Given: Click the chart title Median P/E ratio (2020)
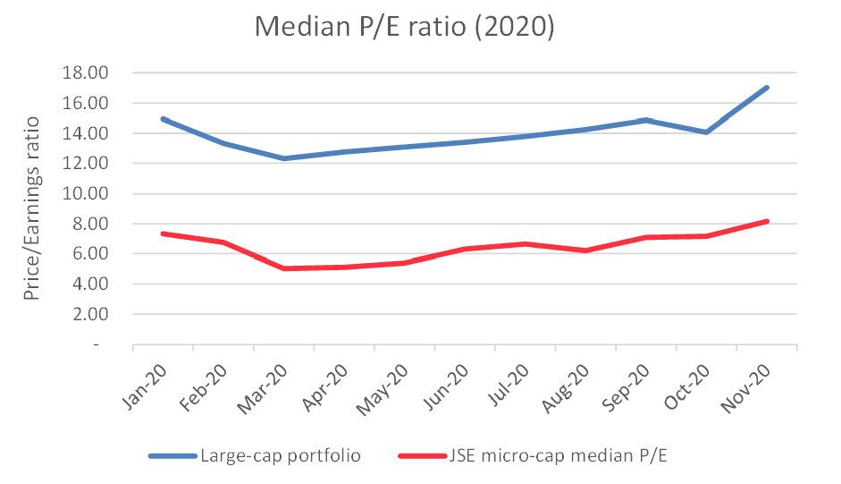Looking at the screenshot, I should [404, 27].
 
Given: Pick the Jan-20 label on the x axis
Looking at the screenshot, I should [146, 386].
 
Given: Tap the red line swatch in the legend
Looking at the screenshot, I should [420, 456].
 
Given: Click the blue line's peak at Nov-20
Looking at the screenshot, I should [766, 88].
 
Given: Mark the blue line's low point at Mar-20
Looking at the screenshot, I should [283, 158].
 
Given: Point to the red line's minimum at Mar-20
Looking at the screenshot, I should [283, 268].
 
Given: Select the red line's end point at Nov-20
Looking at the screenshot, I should [766, 221].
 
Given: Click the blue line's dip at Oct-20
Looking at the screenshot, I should [706, 132].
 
